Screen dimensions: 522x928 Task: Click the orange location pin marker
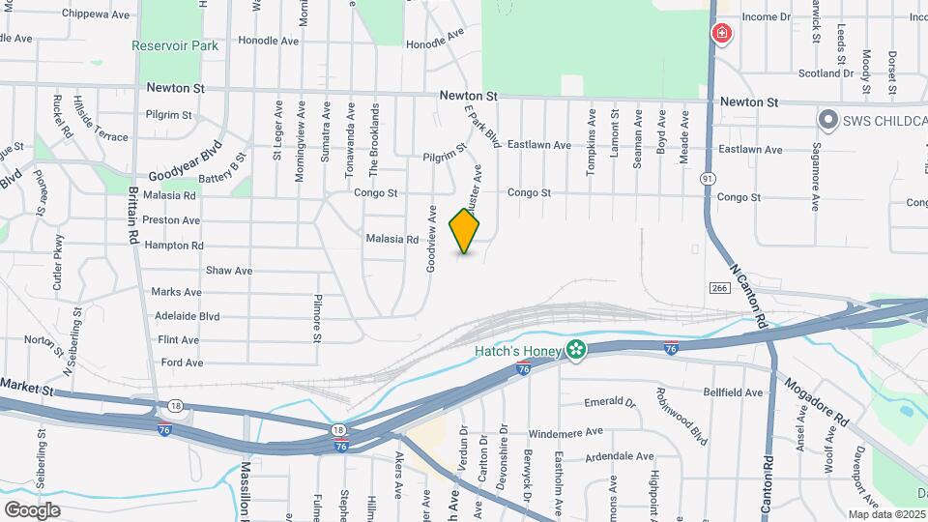465,230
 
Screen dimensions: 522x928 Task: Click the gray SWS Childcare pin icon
827,120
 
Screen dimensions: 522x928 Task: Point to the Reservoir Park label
176,45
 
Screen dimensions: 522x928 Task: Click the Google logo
32,509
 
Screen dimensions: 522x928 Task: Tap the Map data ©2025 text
886,514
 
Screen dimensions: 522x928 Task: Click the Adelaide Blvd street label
188,316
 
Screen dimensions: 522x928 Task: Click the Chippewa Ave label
95,14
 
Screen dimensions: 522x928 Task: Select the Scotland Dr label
826,72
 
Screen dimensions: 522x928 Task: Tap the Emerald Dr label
611,402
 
